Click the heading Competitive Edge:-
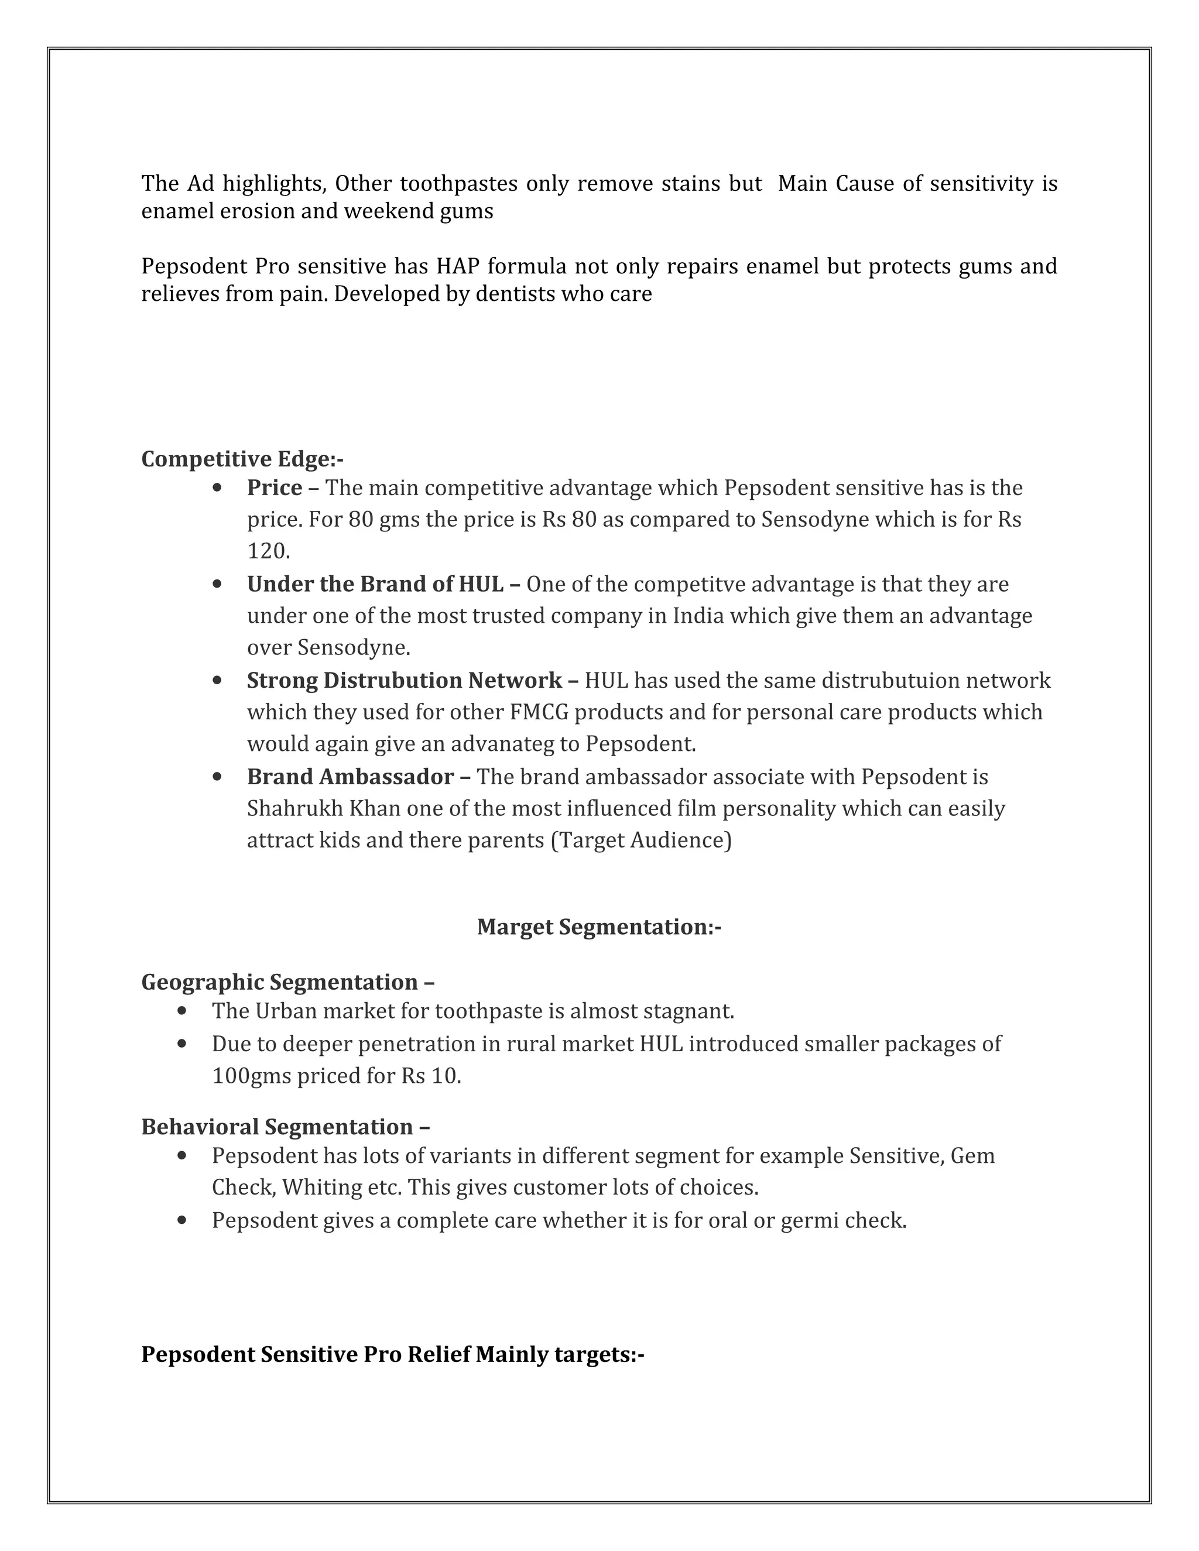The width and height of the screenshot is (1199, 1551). click(242, 459)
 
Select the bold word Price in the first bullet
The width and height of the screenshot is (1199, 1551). click(274, 488)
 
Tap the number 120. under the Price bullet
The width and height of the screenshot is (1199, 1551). click(269, 551)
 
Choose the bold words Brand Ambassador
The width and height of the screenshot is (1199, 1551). click(350, 776)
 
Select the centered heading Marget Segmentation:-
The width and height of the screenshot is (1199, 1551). click(599, 927)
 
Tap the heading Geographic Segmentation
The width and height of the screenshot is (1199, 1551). click(279, 982)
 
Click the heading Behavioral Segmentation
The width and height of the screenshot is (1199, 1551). click(277, 1127)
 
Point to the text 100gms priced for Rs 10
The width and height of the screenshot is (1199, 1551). click(336, 1076)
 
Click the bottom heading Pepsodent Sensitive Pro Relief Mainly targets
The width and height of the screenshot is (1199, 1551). click(392, 1354)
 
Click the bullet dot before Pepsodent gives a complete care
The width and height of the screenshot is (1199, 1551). click(183, 1220)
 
